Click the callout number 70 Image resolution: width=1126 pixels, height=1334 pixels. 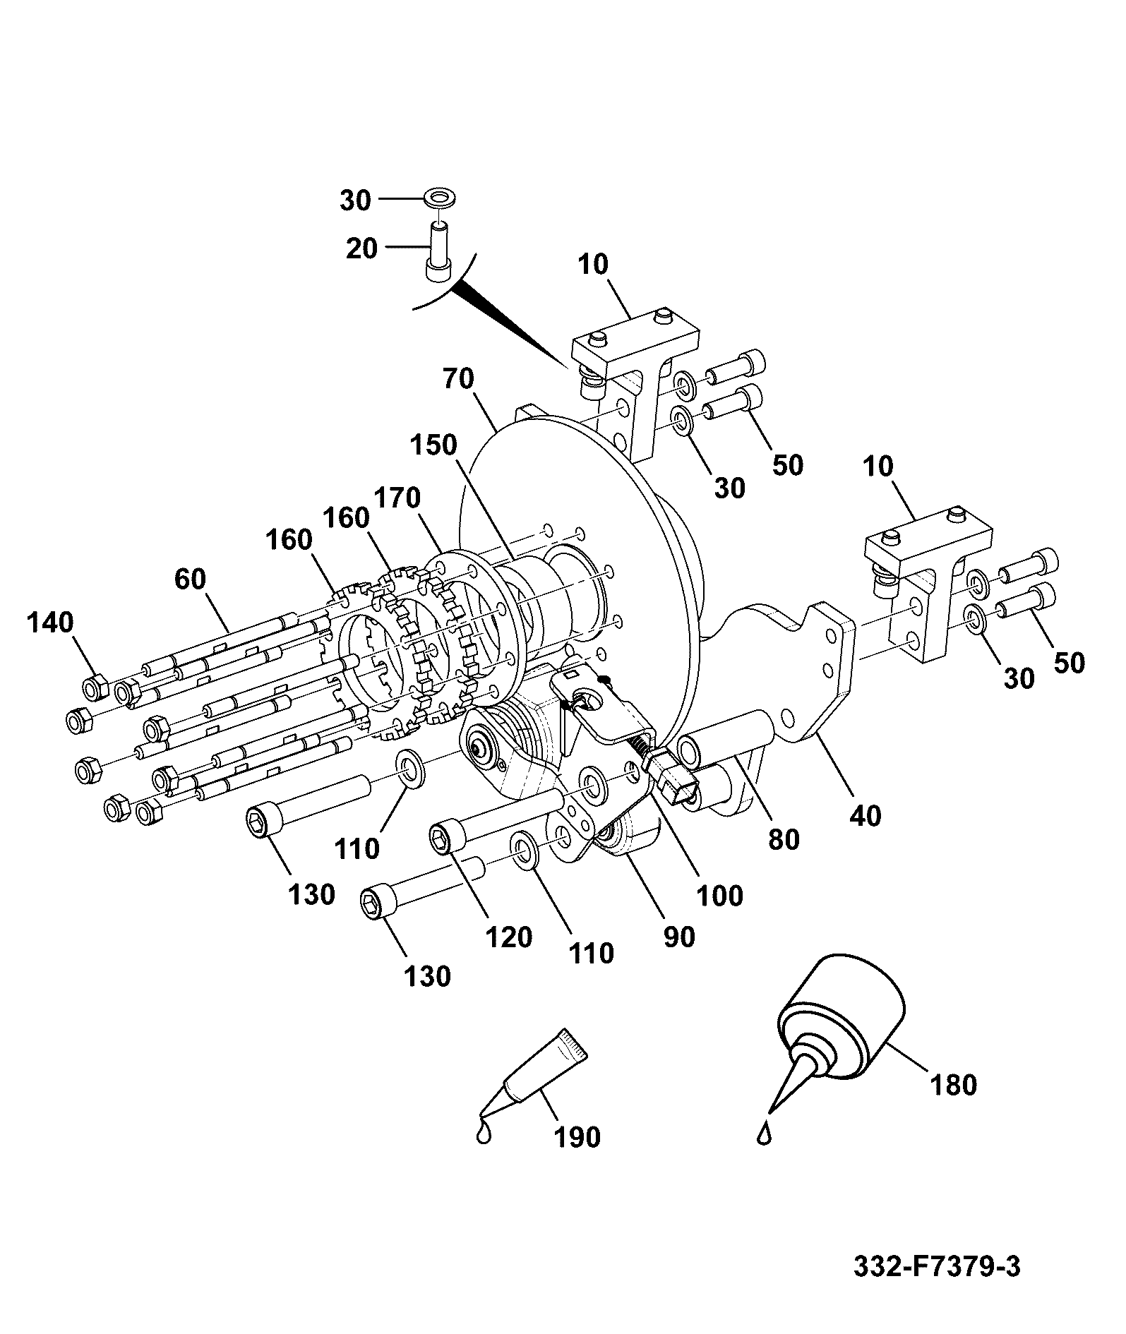[x=459, y=379]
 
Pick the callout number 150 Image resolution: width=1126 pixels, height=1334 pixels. [x=433, y=445]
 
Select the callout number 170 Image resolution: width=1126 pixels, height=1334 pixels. [x=397, y=498]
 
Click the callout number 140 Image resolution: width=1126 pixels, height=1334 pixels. [x=51, y=623]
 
